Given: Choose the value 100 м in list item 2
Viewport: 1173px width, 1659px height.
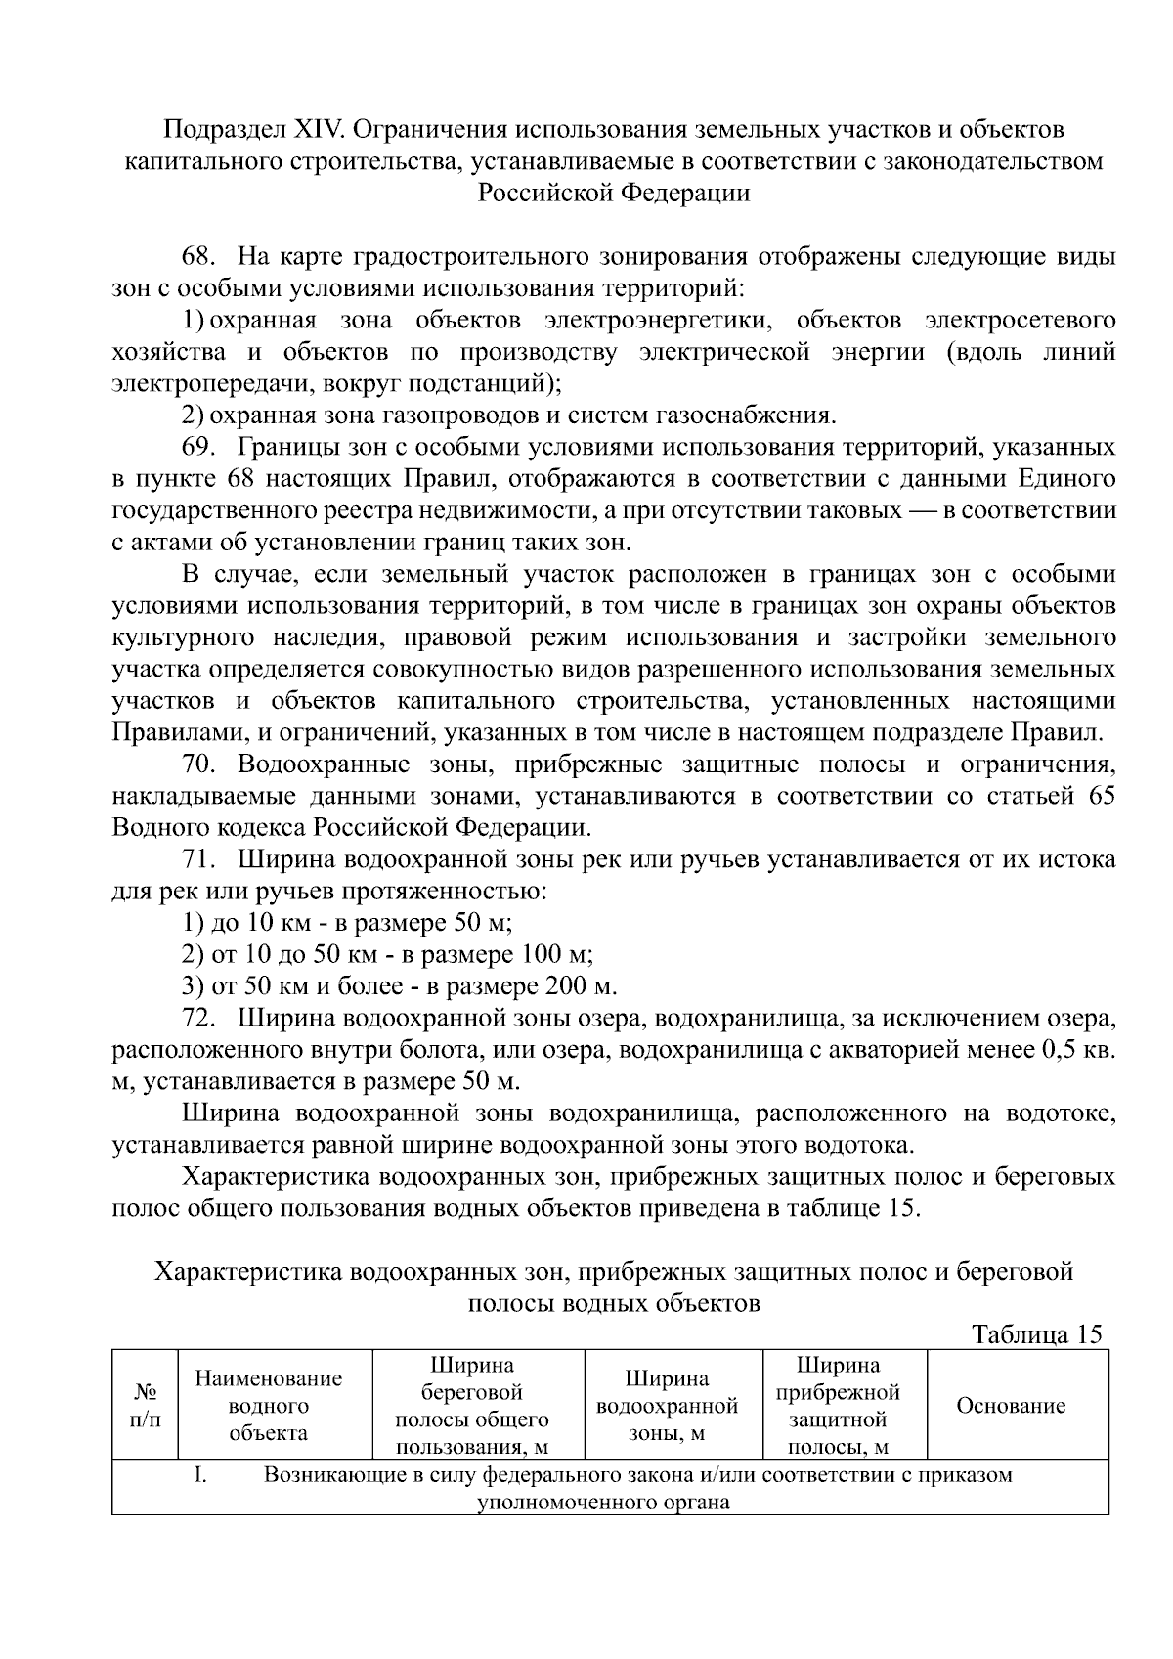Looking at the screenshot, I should point(557,954).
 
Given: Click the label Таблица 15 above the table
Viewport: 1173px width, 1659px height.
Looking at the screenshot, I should point(1036,1334).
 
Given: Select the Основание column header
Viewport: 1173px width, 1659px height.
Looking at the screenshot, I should point(1011,1406).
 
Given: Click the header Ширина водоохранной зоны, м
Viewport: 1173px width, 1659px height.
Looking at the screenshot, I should point(667,1406).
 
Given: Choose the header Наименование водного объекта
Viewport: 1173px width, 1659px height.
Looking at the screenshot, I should point(269,1406).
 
